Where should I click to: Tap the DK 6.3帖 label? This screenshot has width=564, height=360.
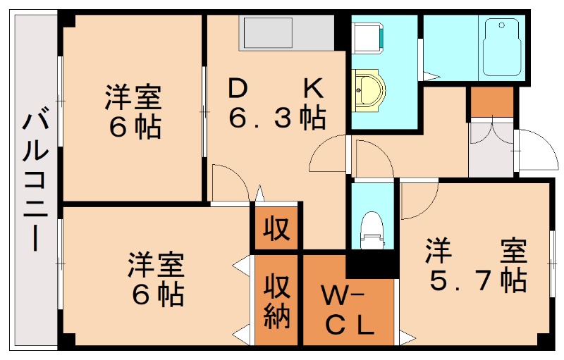[x=276, y=104]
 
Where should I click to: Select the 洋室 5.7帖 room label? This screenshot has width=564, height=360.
[x=476, y=266]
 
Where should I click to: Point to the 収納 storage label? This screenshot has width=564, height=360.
[x=278, y=304]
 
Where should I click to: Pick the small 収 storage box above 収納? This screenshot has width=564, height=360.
[x=278, y=228]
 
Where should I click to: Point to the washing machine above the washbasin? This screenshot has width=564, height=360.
[x=368, y=35]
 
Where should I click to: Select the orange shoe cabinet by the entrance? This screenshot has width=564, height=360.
[x=491, y=103]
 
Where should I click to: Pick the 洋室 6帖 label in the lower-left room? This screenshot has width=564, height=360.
[x=156, y=278]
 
